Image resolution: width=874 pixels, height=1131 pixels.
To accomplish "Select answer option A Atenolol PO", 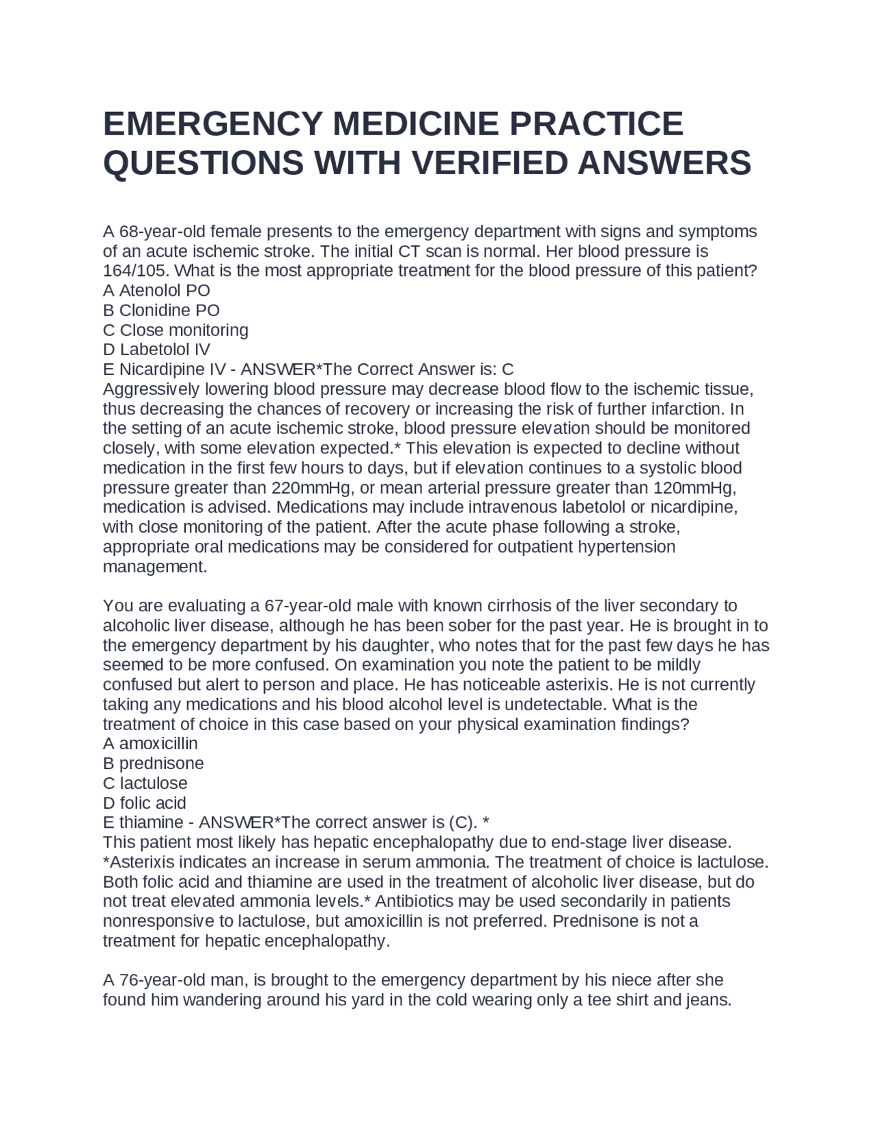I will click(156, 290).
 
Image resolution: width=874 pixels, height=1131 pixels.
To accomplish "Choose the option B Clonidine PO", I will click(161, 310).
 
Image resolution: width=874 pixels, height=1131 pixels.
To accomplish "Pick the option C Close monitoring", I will click(175, 330).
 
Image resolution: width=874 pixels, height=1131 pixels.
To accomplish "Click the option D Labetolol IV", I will click(156, 350).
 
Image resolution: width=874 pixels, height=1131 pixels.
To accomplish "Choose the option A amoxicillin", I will click(150, 743).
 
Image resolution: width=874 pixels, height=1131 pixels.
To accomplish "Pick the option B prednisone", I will click(153, 763).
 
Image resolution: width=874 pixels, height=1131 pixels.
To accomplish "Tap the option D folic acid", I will click(144, 802).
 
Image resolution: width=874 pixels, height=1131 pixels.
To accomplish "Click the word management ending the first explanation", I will click(154, 567).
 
